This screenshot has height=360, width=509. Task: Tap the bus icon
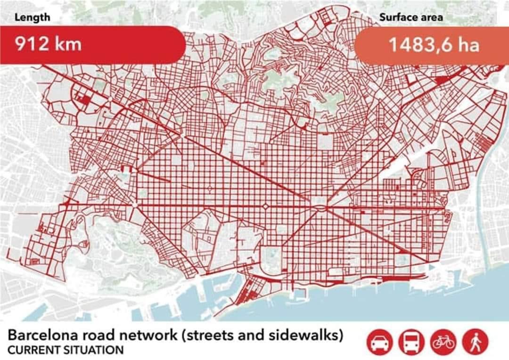pyautogui.click(x=411, y=341)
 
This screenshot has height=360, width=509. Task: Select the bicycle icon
pyautogui.click(x=443, y=341)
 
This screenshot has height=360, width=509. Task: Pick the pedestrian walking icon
pyautogui.click(x=475, y=341)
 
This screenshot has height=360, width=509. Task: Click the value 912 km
pyautogui.click(x=48, y=44)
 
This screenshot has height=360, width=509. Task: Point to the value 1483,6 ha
pyautogui.click(x=434, y=45)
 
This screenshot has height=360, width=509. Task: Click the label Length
pyautogui.click(x=32, y=18)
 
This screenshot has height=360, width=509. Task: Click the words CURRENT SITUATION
pyautogui.click(x=66, y=350)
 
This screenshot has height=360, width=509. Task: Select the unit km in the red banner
pyautogui.click(x=67, y=44)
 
